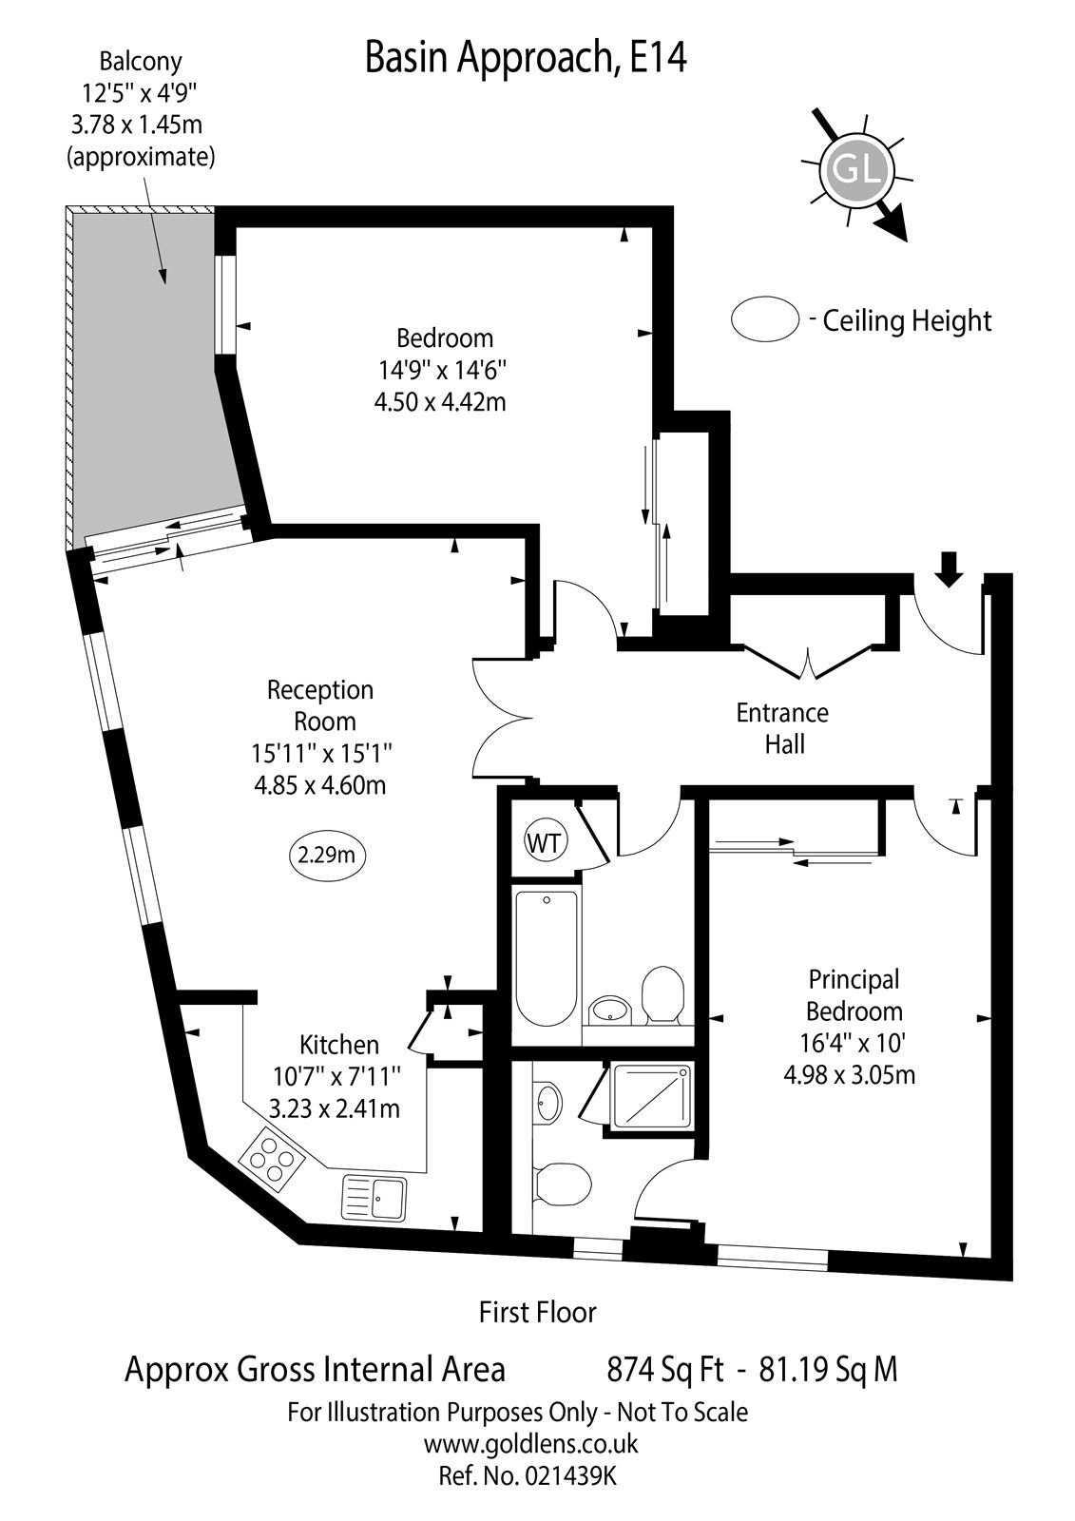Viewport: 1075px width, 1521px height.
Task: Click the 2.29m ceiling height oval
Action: tap(326, 855)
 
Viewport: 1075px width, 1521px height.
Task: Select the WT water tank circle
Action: tap(543, 842)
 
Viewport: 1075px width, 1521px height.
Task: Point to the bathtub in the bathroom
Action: tap(546, 957)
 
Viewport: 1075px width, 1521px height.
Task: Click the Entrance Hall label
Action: tap(783, 727)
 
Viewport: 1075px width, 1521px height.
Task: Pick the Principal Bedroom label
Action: tap(854, 994)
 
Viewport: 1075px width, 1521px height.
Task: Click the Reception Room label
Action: tap(319, 704)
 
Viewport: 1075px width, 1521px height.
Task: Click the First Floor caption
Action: tap(537, 1313)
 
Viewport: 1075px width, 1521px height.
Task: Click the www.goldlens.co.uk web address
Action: tap(530, 1444)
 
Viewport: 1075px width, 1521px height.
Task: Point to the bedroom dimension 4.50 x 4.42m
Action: tap(439, 401)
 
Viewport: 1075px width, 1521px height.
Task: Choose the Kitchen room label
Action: tap(338, 1045)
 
